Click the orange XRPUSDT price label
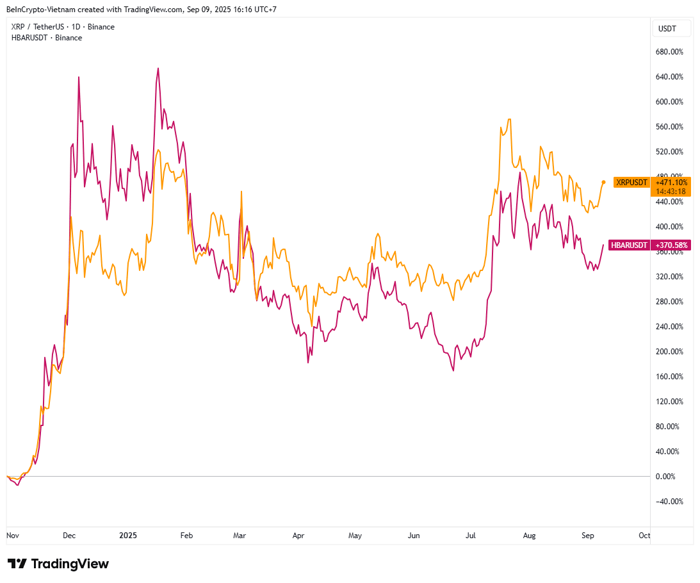tap(631, 183)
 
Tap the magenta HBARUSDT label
tap(629, 245)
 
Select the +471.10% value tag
tap(670, 183)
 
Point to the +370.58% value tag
tap(670, 245)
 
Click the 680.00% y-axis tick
tap(669, 52)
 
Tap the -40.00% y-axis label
tap(670, 501)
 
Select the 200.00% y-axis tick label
tap(669, 351)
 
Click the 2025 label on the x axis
tap(128, 536)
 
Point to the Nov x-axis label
tap(12, 536)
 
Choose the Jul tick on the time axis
tap(471, 536)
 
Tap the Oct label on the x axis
tap(644, 536)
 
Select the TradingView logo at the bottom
tap(58, 564)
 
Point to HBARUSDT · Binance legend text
tap(47, 38)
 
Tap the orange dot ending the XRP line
tap(603, 182)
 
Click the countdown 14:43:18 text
tap(670, 191)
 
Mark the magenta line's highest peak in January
tap(158, 69)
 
